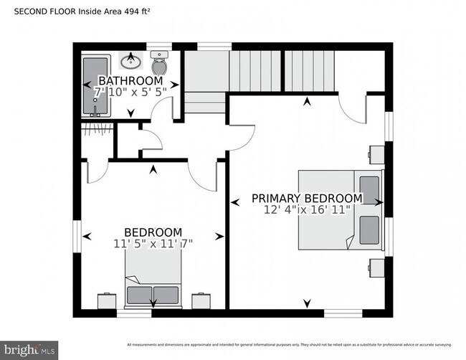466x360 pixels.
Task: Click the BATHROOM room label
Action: tap(130, 80)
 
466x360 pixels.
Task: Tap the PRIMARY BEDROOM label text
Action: tap(306, 198)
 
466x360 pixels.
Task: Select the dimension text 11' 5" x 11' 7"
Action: tap(153, 244)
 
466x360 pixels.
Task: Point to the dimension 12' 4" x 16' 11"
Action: tap(306, 210)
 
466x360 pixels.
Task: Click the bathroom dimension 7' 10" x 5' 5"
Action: tap(130, 92)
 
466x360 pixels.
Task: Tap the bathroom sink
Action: tap(130, 60)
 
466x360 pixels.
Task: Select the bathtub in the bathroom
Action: tap(92, 87)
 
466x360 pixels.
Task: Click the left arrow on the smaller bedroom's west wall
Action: tap(87, 236)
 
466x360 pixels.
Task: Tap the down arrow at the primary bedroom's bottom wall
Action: tap(308, 303)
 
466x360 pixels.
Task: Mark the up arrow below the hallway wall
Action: tap(153, 170)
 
